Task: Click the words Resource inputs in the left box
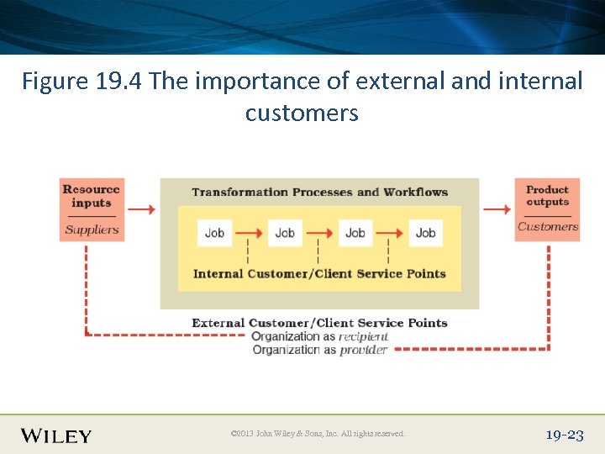[91, 196]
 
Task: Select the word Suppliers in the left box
[92, 230]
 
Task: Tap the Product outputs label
[547, 196]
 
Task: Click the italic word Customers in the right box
[548, 226]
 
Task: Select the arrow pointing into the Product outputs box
[497, 209]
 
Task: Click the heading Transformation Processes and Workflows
[319, 192]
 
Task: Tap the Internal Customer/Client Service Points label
[319, 273]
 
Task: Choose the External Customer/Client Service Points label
[319, 323]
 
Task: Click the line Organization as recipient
[319, 336]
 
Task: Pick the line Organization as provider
[319, 350]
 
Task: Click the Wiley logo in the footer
[56, 436]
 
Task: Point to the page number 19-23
[564, 435]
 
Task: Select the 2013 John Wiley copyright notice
[318, 434]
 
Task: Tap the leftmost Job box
[214, 233]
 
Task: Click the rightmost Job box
[425, 233]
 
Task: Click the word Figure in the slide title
[52, 82]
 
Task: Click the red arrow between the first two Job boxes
[249, 233]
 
